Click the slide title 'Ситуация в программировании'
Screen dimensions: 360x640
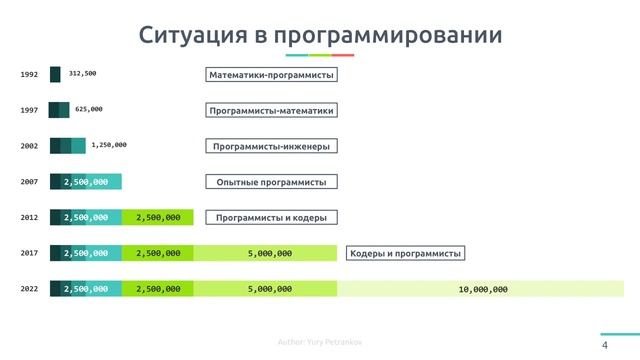coord(320,36)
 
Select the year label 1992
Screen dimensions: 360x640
coord(29,75)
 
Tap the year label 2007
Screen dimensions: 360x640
coord(29,182)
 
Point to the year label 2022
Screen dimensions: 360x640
coord(29,289)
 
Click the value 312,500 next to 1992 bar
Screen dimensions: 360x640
coord(82,74)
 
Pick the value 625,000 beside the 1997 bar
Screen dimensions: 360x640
coord(89,109)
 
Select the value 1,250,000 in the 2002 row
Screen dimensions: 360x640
coord(108,145)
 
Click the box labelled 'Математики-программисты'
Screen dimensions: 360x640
coord(271,75)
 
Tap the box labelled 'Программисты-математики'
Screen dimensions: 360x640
coord(271,111)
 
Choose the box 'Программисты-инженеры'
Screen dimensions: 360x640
coord(271,146)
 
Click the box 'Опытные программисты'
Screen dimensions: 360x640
coord(271,182)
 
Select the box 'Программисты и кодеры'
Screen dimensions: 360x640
coord(271,218)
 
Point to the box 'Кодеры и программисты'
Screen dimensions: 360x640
coord(406,254)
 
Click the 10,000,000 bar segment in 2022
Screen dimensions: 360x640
coord(482,289)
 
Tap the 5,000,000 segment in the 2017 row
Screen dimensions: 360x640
coord(269,254)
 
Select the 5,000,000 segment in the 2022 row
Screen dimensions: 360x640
coord(269,289)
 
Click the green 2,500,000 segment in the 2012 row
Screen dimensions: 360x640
coord(157,217)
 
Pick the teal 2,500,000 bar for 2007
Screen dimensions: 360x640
coord(86,182)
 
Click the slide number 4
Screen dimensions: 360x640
coord(605,345)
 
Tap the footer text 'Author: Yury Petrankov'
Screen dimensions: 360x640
coord(320,343)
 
